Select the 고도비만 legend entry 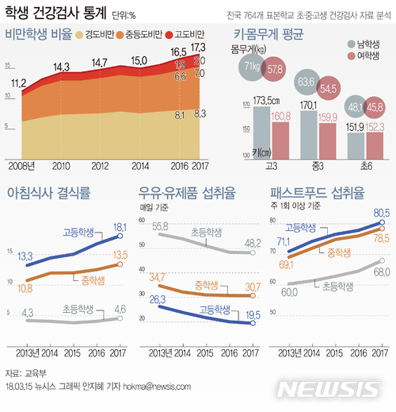click(x=186, y=36)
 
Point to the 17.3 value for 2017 click(x=200, y=49)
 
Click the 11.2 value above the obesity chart click(x=19, y=82)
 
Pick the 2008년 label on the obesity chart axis click(x=21, y=164)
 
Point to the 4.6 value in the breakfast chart click(x=121, y=309)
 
